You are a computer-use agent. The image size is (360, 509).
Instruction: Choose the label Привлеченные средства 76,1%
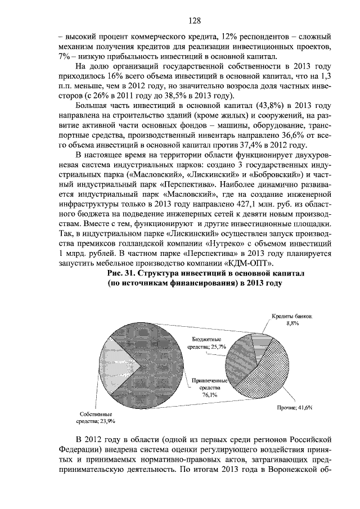tap(209, 388)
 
